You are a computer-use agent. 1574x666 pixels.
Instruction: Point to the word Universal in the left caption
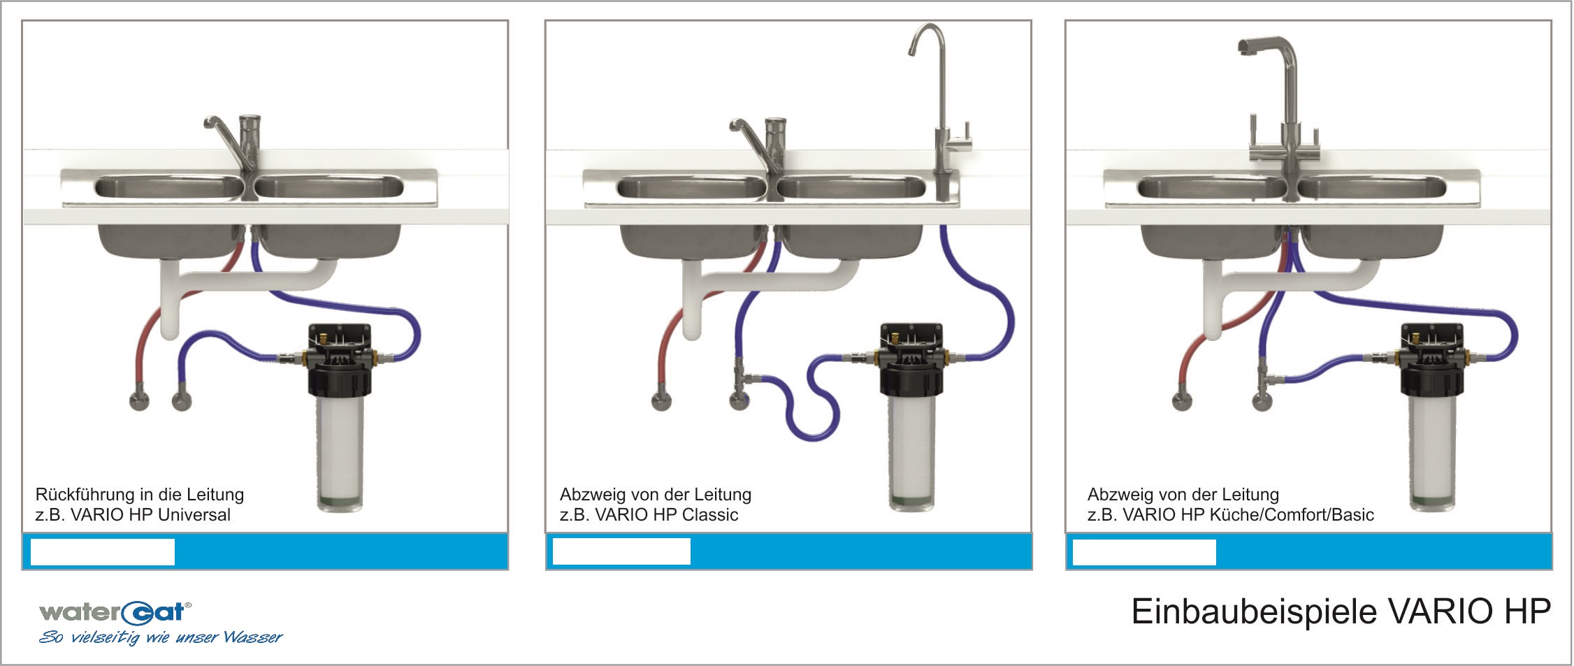(194, 515)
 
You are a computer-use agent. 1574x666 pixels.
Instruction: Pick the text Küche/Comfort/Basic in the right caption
(1292, 515)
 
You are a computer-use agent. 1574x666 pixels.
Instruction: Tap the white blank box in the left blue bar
(103, 552)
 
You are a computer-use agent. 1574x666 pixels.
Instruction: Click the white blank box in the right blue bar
(1144, 552)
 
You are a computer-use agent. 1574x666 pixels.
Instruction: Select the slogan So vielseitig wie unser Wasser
(161, 637)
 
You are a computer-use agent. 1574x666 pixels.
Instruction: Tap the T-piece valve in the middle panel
(741, 382)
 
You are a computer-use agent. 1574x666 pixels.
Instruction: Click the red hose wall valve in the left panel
(139, 400)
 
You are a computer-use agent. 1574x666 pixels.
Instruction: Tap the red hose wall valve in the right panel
(1182, 401)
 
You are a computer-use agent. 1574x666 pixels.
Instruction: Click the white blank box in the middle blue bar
(621, 552)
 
